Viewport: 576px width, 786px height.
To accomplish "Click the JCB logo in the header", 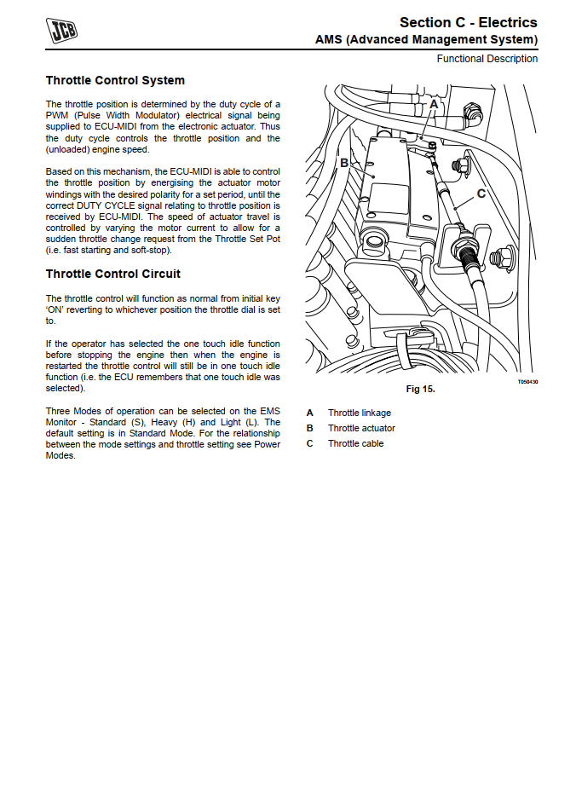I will (61, 31).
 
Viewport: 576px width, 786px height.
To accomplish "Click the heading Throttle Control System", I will (115, 81).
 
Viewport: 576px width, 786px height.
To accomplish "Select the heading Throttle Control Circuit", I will (113, 275).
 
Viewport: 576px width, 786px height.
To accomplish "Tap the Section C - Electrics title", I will (469, 22).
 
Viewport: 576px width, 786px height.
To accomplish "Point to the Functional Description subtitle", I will (487, 59).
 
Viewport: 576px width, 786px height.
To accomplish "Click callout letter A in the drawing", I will (434, 103).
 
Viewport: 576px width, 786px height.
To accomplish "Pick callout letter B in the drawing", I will (344, 162).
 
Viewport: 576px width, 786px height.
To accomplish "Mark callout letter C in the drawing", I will (481, 194).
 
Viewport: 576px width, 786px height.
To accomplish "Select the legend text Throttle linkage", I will (359, 413).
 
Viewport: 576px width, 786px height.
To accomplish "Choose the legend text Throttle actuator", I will (361, 428).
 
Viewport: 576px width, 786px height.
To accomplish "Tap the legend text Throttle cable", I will (355, 443).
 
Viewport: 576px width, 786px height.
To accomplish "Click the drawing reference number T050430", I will (527, 382).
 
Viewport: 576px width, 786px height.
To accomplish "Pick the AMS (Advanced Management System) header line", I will (426, 40).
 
